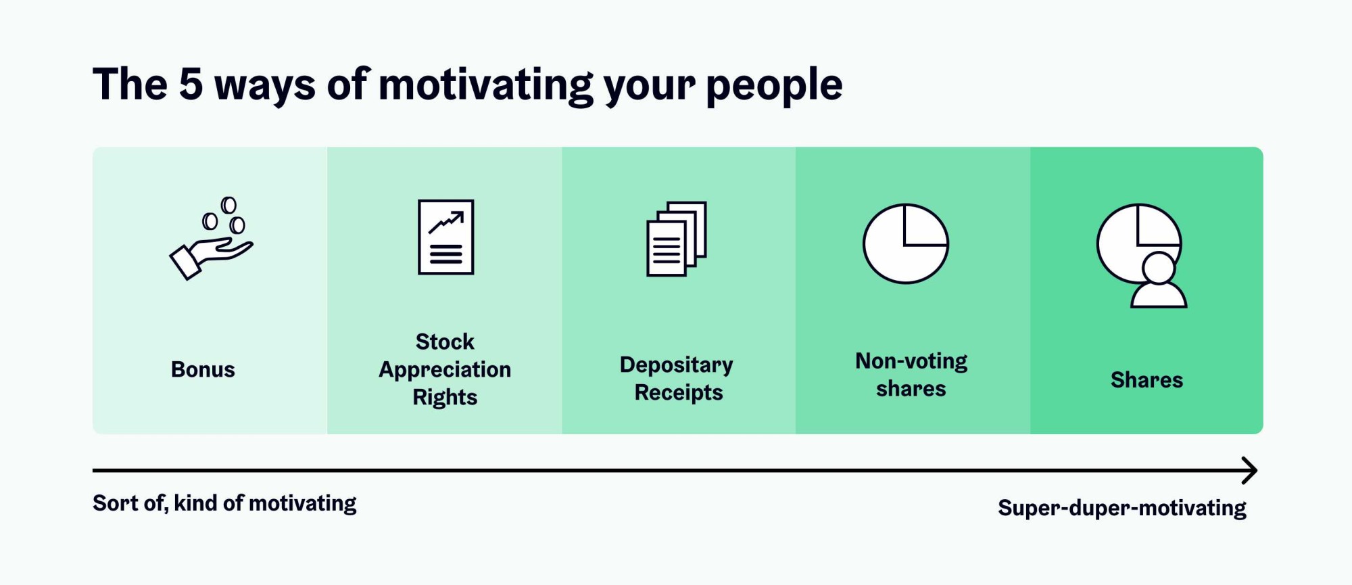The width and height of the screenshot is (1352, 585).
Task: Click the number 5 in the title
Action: click(x=191, y=85)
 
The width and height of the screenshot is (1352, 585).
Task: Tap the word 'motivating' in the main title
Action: click(x=485, y=86)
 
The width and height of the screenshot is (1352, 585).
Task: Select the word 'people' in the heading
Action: click(x=774, y=86)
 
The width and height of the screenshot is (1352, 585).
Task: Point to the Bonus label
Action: click(x=203, y=369)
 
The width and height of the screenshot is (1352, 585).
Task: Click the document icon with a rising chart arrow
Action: click(x=445, y=237)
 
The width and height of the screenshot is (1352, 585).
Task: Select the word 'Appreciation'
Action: click(x=445, y=369)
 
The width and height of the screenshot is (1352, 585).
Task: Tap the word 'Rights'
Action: click(x=445, y=397)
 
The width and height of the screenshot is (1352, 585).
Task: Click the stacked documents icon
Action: click(x=677, y=239)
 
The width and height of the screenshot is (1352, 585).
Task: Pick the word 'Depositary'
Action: click(x=676, y=365)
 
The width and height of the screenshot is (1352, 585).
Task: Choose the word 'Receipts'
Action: click(x=678, y=392)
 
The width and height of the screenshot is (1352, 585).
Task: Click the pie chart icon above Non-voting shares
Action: click(x=906, y=243)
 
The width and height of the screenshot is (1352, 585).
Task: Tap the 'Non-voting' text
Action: click(x=911, y=361)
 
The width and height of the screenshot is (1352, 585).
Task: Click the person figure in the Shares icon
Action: click(x=1159, y=281)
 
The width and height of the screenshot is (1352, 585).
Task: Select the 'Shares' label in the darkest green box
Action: click(x=1146, y=380)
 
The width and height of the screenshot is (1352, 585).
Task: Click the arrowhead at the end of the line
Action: click(x=1250, y=470)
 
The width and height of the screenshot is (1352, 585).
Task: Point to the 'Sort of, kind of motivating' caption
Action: click(x=224, y=503)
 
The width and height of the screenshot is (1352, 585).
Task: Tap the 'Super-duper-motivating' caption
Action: click(x=1122, y=508)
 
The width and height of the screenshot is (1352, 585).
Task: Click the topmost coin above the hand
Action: click(x=229, y=205)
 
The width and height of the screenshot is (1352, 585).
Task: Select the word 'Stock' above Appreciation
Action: click(x=445, y=342)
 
